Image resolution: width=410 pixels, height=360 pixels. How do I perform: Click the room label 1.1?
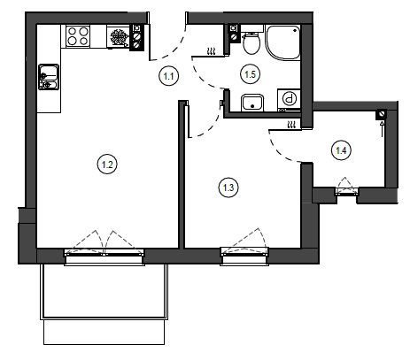(x=168, y=76)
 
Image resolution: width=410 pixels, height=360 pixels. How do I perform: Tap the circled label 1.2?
(x=107, y=165)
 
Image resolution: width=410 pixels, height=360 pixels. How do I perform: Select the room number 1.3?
(x=228, y=188)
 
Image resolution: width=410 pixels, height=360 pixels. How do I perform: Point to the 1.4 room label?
(x=341, y=150)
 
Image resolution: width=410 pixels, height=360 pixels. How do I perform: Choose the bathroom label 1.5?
(x=251, y=74)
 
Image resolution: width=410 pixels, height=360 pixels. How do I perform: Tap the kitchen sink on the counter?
(x=49, y=77)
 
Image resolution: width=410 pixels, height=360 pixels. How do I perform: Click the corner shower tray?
(x=282, y=42)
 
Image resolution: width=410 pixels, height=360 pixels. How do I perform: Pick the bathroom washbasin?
(x=252, y=103)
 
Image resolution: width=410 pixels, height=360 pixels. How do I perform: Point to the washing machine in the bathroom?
(x=289, y=101)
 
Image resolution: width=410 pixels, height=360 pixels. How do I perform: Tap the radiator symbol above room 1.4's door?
(x=291, y=125)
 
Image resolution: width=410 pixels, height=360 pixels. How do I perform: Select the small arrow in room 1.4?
(x=383, y=128)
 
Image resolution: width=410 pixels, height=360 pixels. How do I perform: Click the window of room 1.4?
(x=347, y=191)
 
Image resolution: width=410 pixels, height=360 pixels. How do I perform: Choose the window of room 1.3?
(x=244, y=256)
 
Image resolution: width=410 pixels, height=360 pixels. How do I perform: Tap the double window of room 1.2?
(x=104, y=256)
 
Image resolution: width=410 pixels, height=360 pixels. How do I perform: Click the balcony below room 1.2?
(x=104, y=303)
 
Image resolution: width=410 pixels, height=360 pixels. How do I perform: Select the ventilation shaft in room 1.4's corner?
(x=381, y=114)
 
